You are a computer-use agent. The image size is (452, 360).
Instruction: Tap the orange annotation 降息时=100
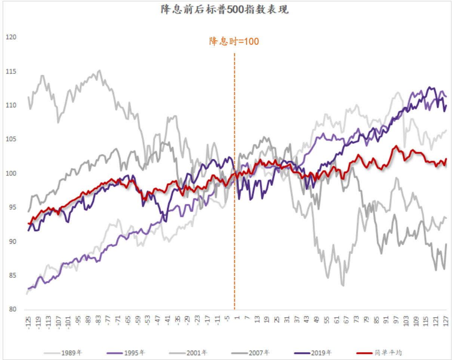click(234, 41)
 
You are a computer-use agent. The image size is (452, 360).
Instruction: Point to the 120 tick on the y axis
click(11, 37)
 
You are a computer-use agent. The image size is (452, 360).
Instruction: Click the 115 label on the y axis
click(11, 71)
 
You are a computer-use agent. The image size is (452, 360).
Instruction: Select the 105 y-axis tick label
click(11, 139)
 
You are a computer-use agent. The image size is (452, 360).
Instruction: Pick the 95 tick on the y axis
click(11, 207)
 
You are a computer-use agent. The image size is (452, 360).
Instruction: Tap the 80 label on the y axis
click(11, 310)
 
